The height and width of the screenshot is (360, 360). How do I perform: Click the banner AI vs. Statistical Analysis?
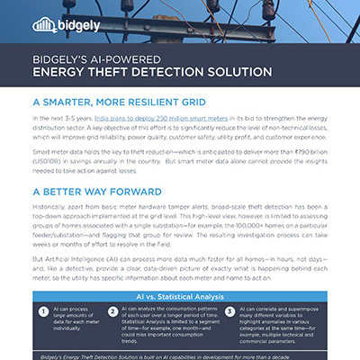click(180, 296)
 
